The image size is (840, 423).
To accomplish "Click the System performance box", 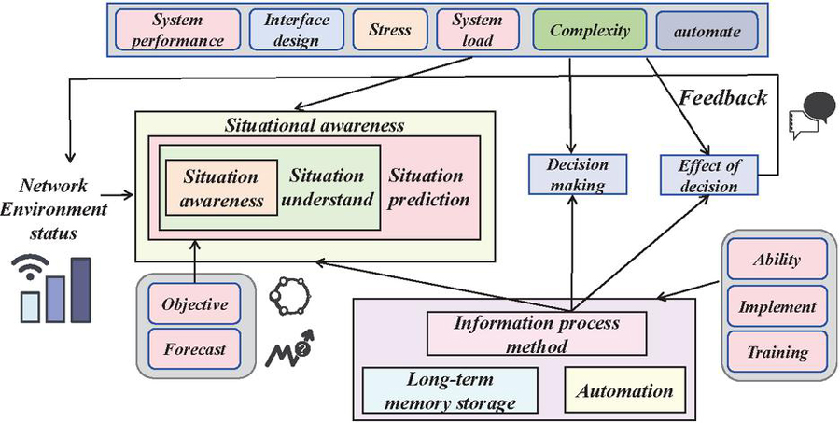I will point(183,31).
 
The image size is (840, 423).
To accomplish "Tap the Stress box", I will point(390,31).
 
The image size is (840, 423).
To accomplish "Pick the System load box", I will point(476,31).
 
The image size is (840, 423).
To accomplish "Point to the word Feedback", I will point(722,96).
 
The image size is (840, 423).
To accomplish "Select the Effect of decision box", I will point(714,175).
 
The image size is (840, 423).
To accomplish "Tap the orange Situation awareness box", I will point(221,187).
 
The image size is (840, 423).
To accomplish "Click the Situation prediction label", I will point(426,187).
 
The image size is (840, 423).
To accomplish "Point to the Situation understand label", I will point(326,187).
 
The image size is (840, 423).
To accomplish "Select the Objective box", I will point(194,304).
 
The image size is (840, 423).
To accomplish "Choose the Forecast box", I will point(194,349).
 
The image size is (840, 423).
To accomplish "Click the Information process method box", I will point(536,333).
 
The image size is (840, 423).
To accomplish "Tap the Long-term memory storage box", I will point(449,390).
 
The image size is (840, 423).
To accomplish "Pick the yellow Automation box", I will point(618,389).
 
